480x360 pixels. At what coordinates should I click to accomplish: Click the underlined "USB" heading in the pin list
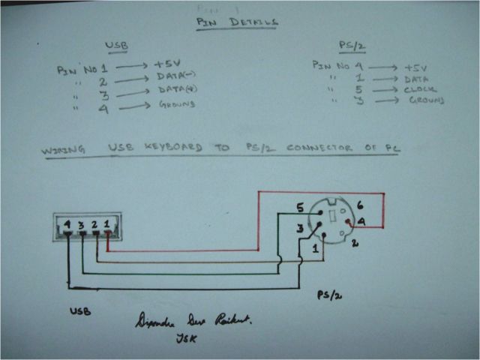click(x=118, y=46)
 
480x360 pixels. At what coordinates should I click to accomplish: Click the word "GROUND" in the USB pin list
click(x=176, y=104)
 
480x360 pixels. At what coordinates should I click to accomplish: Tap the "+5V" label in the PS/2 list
click(x=416, y=65)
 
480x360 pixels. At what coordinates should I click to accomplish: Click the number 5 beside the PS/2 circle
click(x=299, y=207)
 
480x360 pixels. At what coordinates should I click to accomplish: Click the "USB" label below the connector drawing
click(x=80, y=310)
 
